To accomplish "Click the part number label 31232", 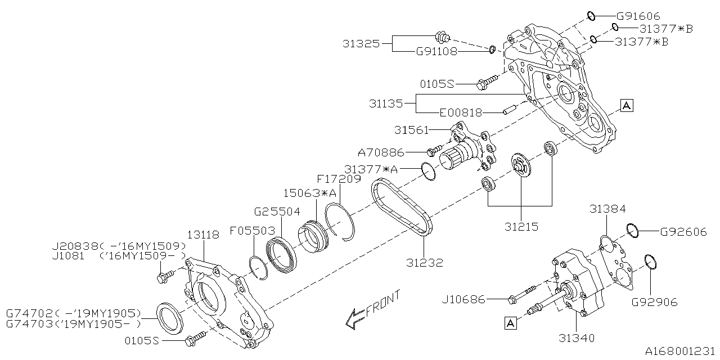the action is [425, 263].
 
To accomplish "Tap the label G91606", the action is [638, 16].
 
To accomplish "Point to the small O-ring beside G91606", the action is [591, 16].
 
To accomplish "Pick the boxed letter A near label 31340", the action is [510, 323].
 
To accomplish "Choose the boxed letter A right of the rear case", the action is [627, 105].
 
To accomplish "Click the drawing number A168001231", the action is [681, 350].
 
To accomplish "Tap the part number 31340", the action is [577, 338].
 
